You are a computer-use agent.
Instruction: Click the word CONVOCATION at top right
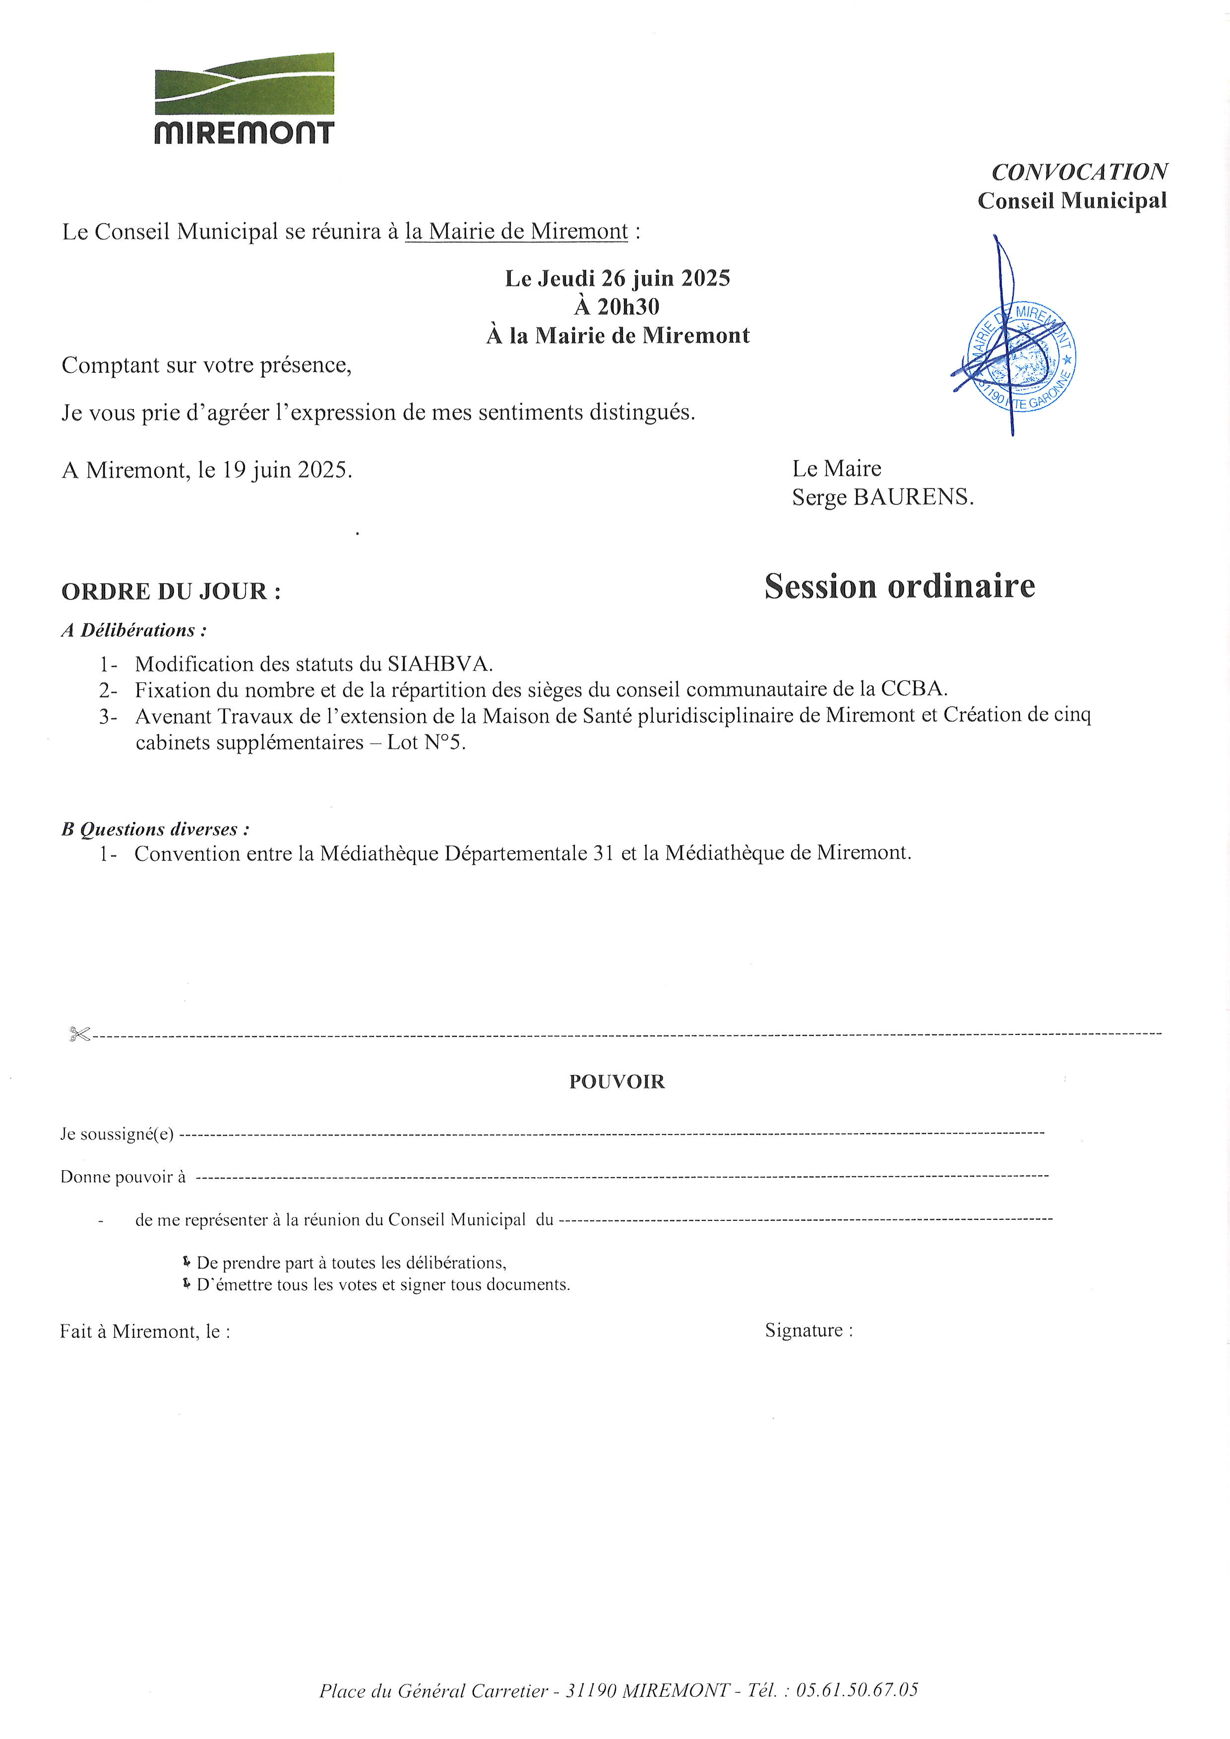tap(1079, 172)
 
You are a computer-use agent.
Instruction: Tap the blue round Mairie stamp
tap(1023, 358)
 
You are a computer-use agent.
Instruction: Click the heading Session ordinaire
tap(899, 586)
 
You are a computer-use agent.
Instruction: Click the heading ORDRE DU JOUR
tap(171, 592)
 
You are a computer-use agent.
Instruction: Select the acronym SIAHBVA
tap(440, 664)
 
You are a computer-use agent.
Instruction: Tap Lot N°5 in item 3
tap(426, 743)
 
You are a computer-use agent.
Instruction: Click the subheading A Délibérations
tap(134, 630)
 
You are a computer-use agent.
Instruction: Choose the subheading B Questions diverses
tap(155, 830)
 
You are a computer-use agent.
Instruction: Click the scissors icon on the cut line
tap(79, 1034)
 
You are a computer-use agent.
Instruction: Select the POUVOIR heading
tap(616, 1081)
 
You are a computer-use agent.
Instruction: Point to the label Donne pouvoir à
tap(123, 1177)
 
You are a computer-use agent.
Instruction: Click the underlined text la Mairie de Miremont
tap(516, 232)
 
